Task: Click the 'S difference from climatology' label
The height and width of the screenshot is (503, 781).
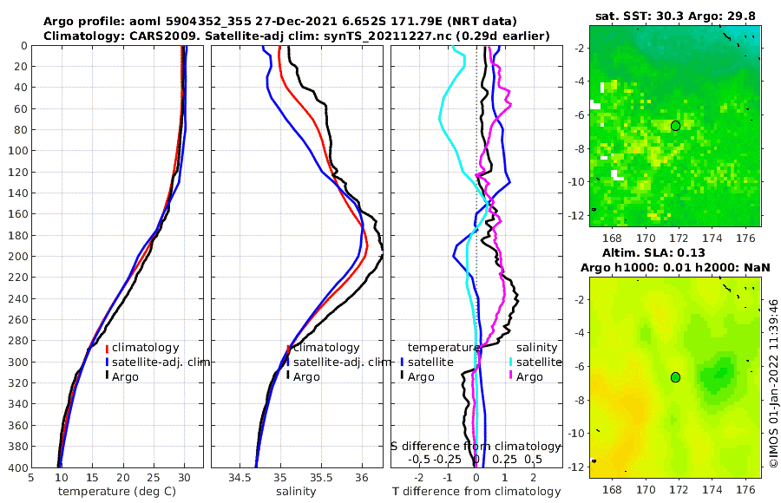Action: pyautogui.click(x=476, y=445)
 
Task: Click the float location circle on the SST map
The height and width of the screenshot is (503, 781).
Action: pyautogui.click(x=675, y=126)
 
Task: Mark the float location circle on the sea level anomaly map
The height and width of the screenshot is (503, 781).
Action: pyautogui.click(x=675, y=377)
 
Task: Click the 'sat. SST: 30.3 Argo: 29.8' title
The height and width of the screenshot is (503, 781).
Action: pyautogui.click(x=675, y=16)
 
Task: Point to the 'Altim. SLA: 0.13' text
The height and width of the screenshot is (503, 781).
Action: pyautogui.click(x=675, y=252)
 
